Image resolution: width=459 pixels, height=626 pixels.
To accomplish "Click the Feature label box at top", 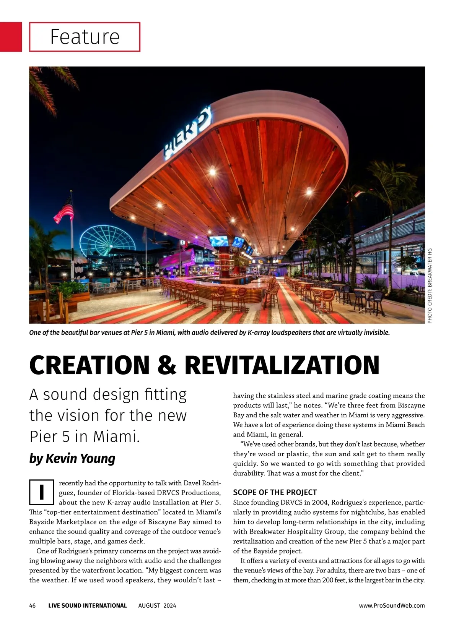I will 85,37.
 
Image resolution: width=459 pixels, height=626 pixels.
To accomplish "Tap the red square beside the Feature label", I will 11,37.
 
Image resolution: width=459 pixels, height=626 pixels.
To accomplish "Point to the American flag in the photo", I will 65,209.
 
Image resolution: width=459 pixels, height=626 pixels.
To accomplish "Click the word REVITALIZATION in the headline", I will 282,365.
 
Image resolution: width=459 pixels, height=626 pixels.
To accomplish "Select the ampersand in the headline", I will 167,365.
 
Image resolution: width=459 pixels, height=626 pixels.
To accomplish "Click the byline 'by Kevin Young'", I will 72,458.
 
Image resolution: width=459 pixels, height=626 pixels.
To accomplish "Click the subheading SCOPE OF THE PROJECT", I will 275,492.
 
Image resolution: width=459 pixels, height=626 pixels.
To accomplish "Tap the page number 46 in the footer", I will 33,605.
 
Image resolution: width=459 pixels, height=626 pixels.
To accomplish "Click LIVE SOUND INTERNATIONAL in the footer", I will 88,605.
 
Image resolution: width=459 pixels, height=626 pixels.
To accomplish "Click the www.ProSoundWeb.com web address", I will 392,605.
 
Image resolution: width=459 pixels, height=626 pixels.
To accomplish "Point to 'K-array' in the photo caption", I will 259,332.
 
